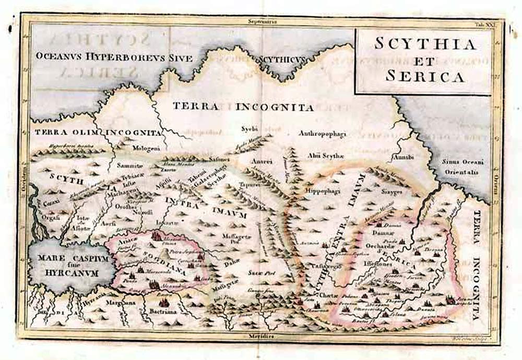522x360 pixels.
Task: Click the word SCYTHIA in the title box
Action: pos(425,44)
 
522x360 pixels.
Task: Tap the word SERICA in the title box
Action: pos(425,76)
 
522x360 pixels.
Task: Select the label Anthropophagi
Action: pos(322,134)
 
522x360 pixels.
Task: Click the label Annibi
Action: pos(402,157)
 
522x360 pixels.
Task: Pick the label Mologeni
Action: pos(134,148)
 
